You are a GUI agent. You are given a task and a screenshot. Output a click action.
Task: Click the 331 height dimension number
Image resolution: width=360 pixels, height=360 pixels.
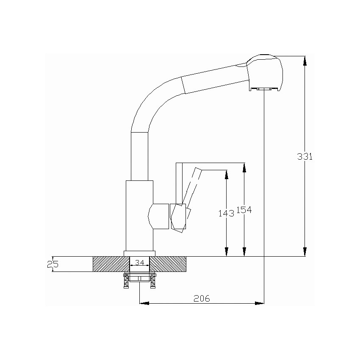pyautogui.click(x=305, y=156)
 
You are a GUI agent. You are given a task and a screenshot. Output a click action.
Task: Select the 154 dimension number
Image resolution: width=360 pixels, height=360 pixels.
pyautogui.click(x=244, y=210)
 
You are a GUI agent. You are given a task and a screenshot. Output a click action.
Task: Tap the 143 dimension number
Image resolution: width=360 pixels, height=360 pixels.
pyautogui.click(x=226, y=213)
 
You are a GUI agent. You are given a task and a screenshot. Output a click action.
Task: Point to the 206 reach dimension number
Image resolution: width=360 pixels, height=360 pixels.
pyautogui.click(x=202, y=298)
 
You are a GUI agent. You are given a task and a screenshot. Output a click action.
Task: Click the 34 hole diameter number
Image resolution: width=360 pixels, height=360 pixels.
pyautogui.click(x=140, y=262)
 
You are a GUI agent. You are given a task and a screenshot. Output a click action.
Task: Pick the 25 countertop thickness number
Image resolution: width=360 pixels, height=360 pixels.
pyautogui.click(x=53, y=264)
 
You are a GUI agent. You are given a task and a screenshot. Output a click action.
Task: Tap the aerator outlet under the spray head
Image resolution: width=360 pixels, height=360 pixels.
pyautogui.click(x=264, y=89)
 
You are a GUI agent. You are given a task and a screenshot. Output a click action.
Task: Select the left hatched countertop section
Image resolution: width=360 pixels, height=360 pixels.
pyautogui.click(x=111, y=264)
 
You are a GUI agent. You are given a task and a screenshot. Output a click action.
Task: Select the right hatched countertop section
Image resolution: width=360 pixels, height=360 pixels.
pyautogui.click(x=168, y=264)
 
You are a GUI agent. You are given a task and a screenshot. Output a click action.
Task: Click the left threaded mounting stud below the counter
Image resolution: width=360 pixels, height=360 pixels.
pyautogui.click(x=126, y=281)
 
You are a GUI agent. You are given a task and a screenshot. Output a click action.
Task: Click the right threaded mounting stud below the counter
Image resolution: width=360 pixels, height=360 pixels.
pyautogui.click(x=152, y=281)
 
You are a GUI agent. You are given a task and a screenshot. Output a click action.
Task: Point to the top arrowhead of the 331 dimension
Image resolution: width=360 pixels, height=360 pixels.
pyautogui.click(x=305, y=61)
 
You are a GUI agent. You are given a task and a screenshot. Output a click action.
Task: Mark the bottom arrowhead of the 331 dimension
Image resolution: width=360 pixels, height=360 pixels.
pyautogui.click(x=305, y=252)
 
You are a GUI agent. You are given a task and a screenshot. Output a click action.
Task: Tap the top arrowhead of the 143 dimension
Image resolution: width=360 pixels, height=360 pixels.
pyautogui.click(x=227, y=175)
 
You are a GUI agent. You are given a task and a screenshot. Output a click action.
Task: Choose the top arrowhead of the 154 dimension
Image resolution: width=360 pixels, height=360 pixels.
pyautogui.click(x=244, y=168)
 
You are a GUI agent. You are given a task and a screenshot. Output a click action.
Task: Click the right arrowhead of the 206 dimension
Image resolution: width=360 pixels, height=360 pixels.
pyautogui.click(x=260, y=303)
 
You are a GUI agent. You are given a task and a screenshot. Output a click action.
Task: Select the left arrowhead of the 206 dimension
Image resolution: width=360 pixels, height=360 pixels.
pyautogui.click(x=144, y=303)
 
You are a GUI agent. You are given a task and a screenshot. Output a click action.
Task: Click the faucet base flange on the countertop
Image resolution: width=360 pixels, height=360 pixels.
pyautogui.click(x=140, y=253)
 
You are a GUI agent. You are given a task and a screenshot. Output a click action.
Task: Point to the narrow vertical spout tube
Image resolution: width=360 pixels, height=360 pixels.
pyautogui.click(x=139, y=156)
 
